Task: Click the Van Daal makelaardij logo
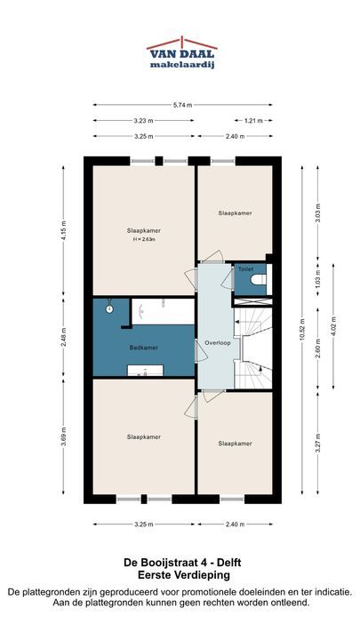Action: (182, 53)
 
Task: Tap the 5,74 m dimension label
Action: (182, 105)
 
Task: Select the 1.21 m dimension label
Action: (253, 120)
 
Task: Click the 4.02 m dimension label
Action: (333, 326)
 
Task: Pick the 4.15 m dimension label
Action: (63, 230)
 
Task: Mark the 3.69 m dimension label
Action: (63, 436)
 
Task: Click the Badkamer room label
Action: (144, 348)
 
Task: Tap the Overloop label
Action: (218, 343)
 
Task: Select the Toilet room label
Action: (246, 269)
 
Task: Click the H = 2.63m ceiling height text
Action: (144, 240)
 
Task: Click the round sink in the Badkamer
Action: (109, 309)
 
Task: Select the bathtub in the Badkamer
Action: (163, 311)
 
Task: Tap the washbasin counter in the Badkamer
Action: (145, 370)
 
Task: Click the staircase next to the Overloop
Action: (253, 348)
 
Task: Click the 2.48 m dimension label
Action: (63, 338)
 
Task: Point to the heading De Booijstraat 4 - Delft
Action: (182, 563)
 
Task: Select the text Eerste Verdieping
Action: (182, 575)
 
